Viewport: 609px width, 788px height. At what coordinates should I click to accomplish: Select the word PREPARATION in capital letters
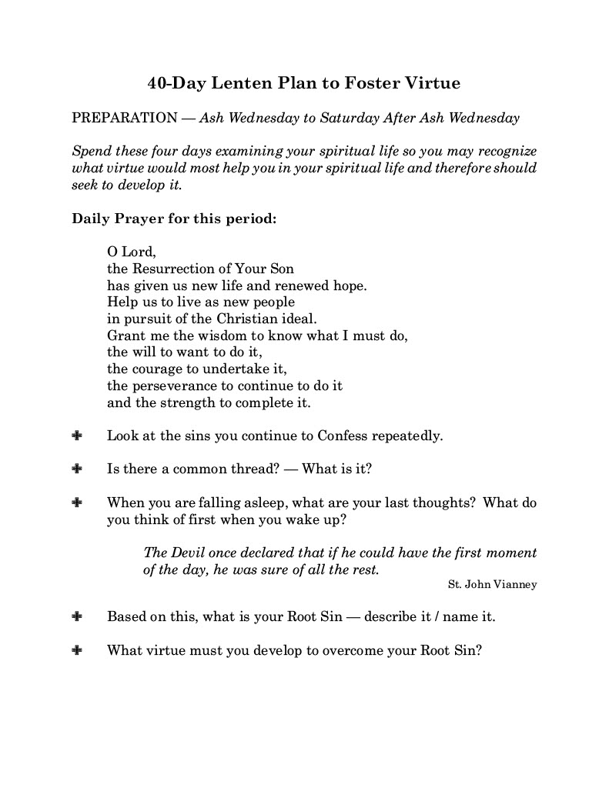pyautogui.click(x=124, y=119)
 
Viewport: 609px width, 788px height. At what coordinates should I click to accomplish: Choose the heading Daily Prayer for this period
pyautogui.click(x=174, y=218)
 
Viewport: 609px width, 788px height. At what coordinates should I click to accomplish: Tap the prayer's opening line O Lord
pyautogui.click(x=132, y=252)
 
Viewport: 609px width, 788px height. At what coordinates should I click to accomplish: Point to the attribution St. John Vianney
pyautogui.click(x=492, y=585)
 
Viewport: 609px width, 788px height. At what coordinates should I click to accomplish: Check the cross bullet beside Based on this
pyautogui.click(x=77, y=617)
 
